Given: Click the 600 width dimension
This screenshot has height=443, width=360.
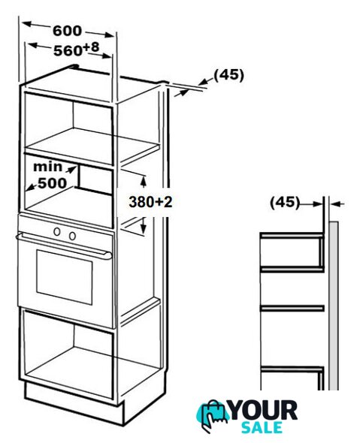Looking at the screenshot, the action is point(68,31).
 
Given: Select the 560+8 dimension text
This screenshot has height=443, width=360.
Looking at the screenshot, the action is point(77,49).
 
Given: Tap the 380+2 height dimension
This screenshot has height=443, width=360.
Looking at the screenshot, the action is point(150,202).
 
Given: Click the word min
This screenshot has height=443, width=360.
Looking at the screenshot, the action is point(48,167).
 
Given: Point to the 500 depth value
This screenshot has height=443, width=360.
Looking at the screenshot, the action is point(53,183).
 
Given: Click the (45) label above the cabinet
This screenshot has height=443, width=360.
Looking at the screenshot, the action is point(228,75).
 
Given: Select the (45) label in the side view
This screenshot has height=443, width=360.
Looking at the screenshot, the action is point(285,203).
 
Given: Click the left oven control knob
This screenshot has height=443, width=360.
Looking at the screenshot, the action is point(57,232).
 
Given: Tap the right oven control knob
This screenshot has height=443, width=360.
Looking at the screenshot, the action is point(72,236).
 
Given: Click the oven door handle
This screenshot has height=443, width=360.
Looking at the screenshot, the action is point(64,245).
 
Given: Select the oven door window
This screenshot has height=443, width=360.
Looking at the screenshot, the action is point(65,277).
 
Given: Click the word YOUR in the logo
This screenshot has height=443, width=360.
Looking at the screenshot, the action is point(264,411).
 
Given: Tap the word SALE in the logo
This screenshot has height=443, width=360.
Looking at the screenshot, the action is point(262,427).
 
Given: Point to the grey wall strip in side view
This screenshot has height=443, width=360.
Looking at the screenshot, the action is point(334,306).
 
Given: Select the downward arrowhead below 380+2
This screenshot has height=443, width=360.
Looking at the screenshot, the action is point(144,228).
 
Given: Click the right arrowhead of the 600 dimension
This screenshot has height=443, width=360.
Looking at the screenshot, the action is point(108,35).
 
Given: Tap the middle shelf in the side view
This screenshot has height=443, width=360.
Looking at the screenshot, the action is point(292,308).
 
